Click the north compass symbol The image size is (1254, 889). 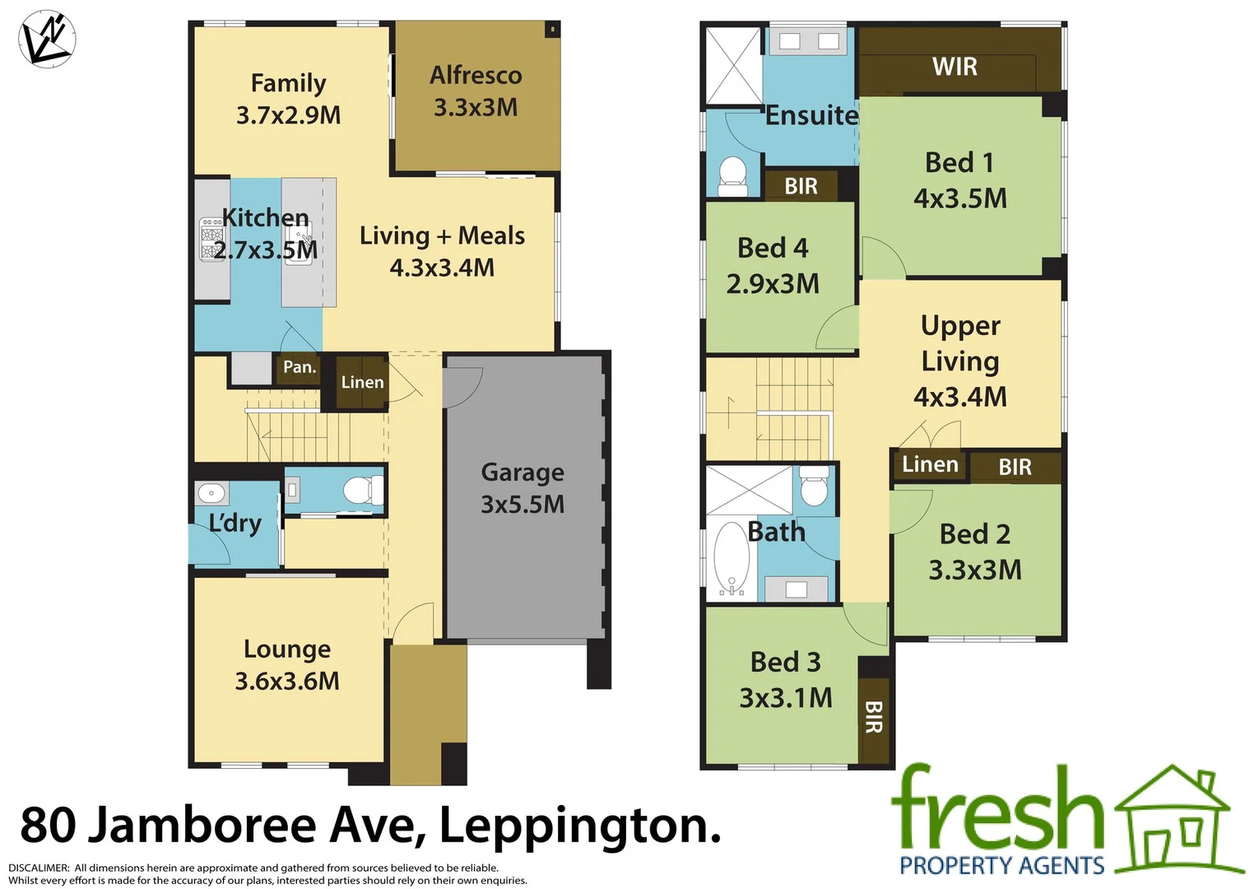click(x=47, y=39)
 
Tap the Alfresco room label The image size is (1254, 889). click(x=476, y=76)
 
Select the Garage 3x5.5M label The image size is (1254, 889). click(x=522, y=488)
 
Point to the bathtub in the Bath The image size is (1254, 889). click(x=730, y=557)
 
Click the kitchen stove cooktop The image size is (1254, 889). click(x=211, y=240)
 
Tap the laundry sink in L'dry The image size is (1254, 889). click(x=211, y=493)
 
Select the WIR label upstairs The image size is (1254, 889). click(x=954, y=67)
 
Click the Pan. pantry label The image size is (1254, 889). click(x=300, y=367)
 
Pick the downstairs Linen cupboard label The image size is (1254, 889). click(x=362, y=382)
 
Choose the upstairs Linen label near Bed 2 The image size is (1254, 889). click(x=930, y=464)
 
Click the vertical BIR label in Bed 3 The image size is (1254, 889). click(x=874, y=717)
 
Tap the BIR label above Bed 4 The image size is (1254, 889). click(x=801, y=186)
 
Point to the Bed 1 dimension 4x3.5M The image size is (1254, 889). click(x=959, y=198)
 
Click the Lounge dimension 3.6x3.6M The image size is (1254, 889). click(x=287, y=682)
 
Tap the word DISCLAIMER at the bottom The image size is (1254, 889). click(x=39, y=868)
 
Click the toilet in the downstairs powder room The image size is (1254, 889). click(x=361, y=491)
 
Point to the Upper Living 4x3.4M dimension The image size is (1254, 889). click(x=959, y=397)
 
